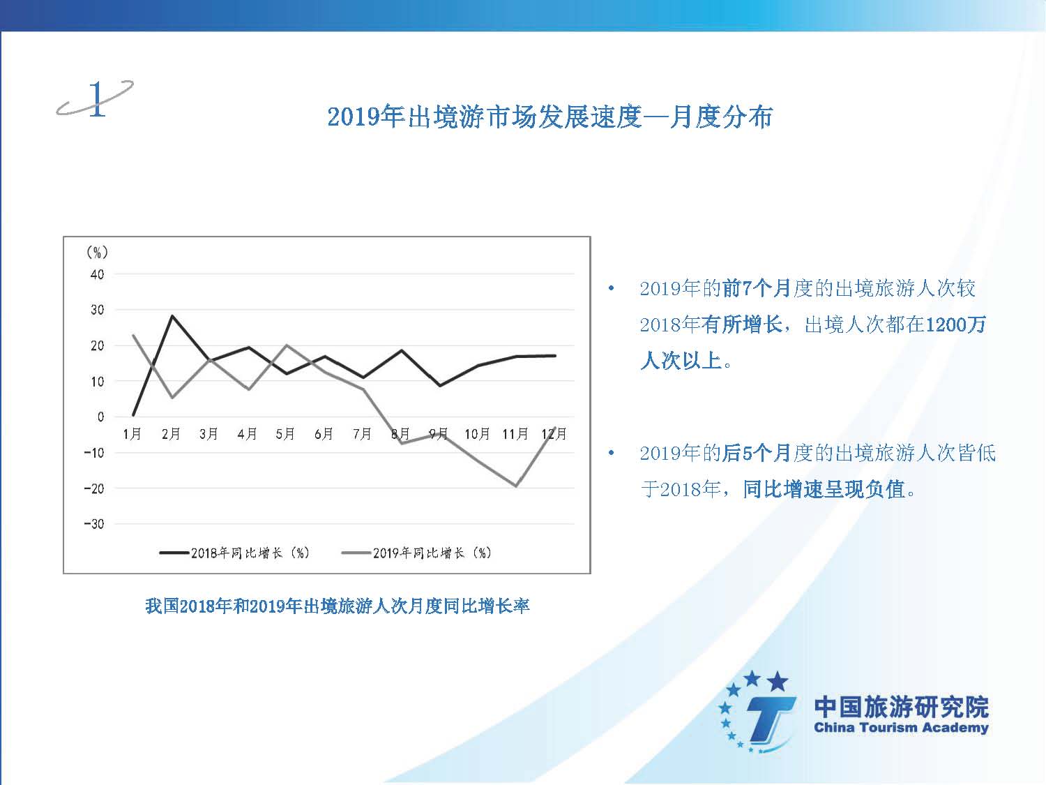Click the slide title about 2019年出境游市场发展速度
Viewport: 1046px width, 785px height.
[550, 117]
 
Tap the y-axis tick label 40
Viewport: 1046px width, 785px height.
[97, 274]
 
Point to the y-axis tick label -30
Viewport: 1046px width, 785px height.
[94, 524]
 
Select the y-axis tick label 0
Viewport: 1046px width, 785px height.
[100, 417]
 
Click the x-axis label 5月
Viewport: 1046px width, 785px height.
[285, 434]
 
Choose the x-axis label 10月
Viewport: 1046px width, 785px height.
[477, 434]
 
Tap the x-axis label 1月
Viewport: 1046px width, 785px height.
[132, 434]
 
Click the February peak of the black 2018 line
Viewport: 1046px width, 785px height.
[172, 315]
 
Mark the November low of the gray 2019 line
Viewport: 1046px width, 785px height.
[516, 486]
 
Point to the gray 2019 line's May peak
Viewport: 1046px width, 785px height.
[287, 345]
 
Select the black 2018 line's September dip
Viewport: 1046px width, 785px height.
[439, 385]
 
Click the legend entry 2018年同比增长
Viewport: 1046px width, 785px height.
[234, 553]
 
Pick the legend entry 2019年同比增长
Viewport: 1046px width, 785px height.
[416, 553]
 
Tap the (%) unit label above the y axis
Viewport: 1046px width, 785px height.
[97, 252]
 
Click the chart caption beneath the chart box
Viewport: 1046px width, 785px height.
[338, 606]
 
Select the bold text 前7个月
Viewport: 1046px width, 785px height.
[757, 288]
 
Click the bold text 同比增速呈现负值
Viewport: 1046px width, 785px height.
[824, 489]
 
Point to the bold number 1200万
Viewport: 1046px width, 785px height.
[955, 324]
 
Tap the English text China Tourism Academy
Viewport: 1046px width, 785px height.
[901, 727]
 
